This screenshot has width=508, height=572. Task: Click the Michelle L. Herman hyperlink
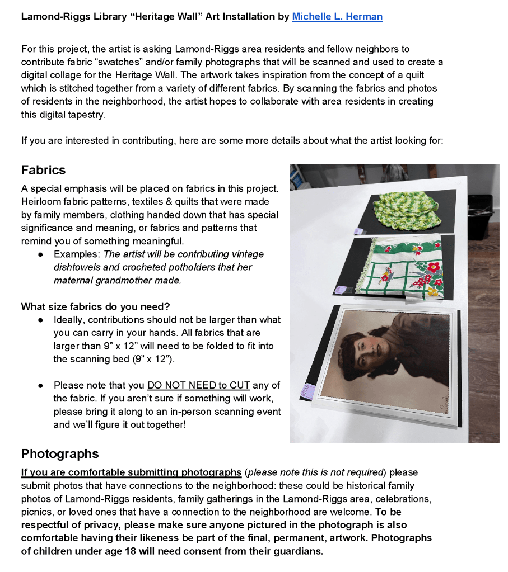(337, 17)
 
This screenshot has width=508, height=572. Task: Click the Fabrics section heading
(43, 170)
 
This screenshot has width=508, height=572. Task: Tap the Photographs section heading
(59, 453)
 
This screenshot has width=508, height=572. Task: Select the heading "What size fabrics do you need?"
(95, 306)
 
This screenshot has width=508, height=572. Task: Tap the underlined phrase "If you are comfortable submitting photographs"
(131, 472)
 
